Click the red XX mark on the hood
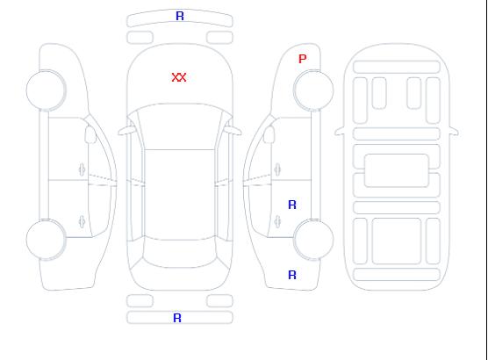coord(179,77)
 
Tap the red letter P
coord(302,59)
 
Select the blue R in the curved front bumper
coord(180,16)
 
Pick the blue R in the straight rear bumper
coord(177,318)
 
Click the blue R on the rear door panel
coord(292,205)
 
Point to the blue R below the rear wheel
coord(292,275)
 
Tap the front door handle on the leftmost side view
coord(82,169)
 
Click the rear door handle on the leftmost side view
coord(82,221)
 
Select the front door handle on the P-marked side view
coord(277,169)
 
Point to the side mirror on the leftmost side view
coord(90,134)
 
